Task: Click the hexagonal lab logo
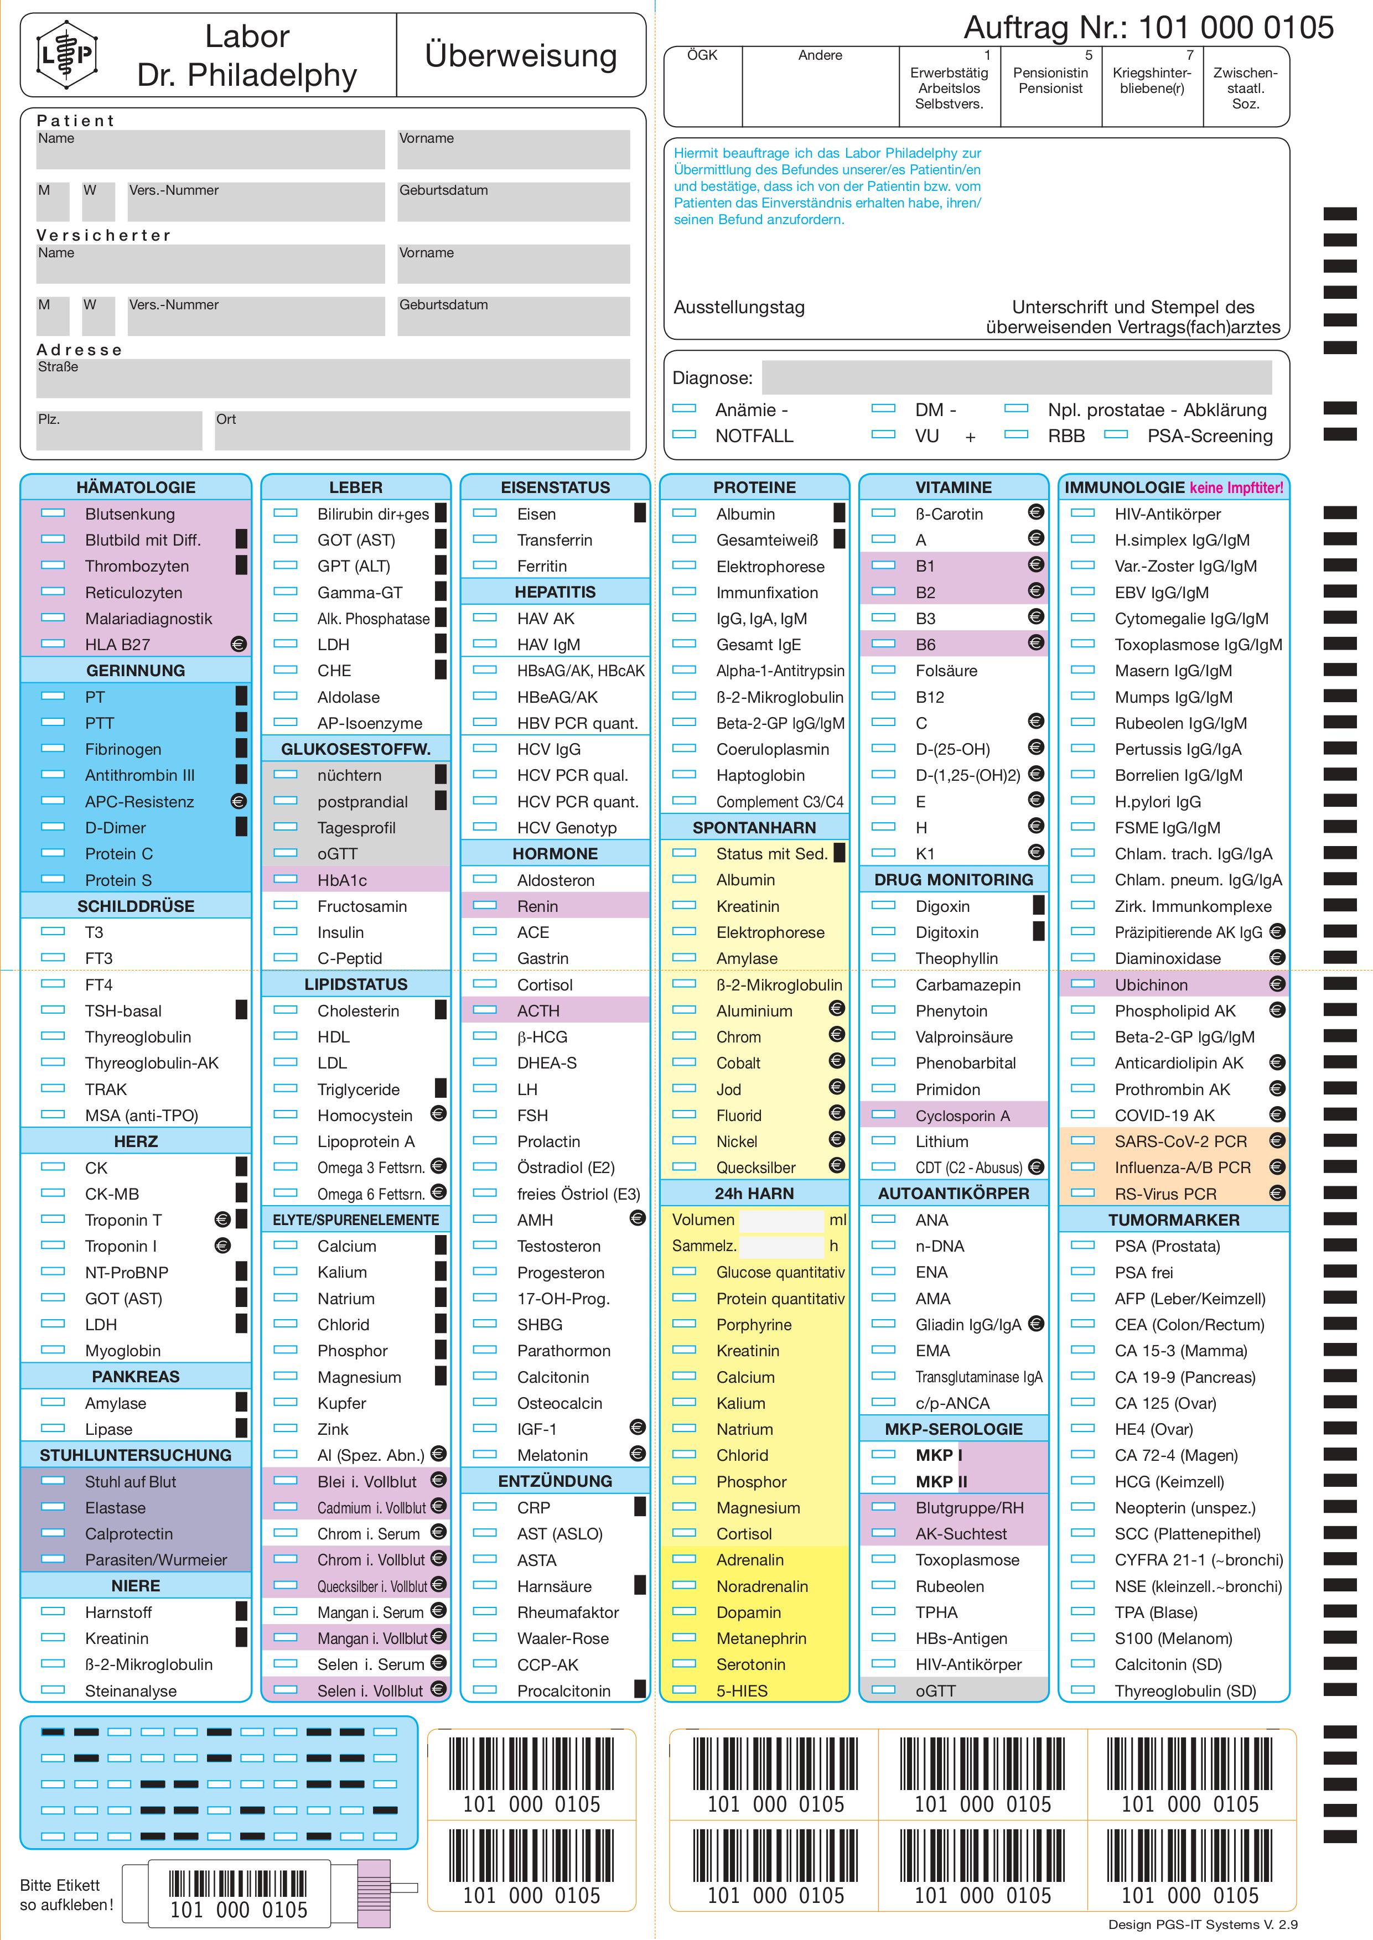click(67, 55)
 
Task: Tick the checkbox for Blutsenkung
click(53, 513)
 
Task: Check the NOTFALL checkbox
click(684, 434)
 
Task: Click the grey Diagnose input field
click(1016, 377)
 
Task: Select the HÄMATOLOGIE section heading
click(136, 487)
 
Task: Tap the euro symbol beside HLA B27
click(239, 644)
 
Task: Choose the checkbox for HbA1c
click(286, 879)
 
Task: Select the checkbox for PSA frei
click(1083, 1272)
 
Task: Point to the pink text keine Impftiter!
click(1236, 487)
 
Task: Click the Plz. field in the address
click(119, 430)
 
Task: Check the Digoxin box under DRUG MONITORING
click(883, 905)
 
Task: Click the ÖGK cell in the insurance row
click(703, 85)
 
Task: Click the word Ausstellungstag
click(739, 307)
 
